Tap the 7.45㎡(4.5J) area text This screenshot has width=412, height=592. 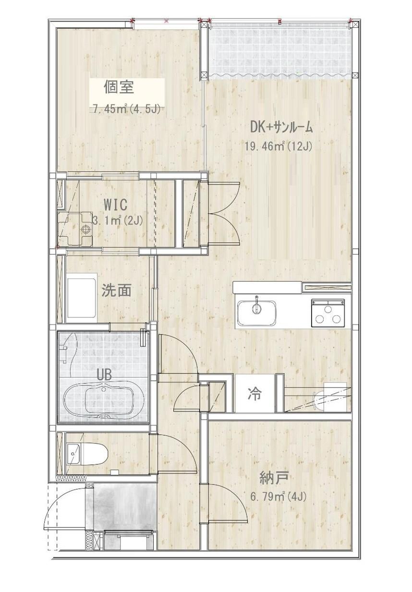(126, 109)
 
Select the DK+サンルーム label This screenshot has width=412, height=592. (281, 127)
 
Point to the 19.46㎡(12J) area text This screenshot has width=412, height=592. (279, 146)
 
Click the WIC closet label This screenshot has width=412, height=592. (115, 205)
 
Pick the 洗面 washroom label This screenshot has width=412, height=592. (116, 290)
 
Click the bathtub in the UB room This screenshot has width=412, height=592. (105, 399)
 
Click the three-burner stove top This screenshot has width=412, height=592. (328, 312)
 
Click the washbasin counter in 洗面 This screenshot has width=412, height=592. (82, 297)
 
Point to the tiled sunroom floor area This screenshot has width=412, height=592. (281, 50)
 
